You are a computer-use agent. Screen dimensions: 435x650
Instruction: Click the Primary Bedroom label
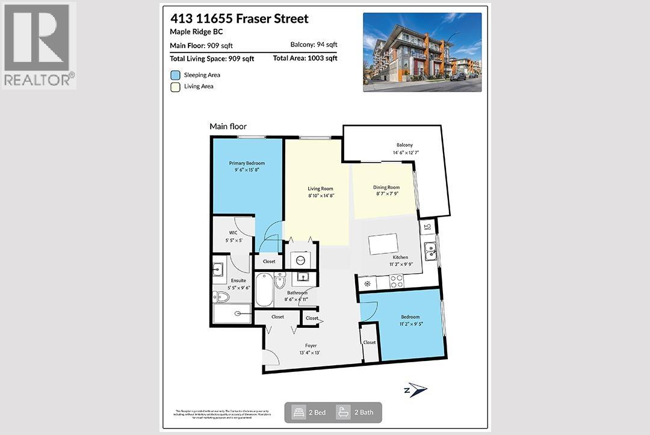click(247, 163)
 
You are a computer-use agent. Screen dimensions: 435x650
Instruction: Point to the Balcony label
click(404, 145)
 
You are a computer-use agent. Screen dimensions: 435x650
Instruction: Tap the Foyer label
click(311, 345)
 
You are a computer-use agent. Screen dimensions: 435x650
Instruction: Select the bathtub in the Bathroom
click(264, 290)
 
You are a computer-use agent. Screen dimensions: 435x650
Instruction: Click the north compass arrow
click(417, 390)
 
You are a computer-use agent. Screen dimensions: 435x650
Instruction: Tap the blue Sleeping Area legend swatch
click(175, 75)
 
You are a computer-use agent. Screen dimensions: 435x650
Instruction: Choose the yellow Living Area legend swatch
click(175, 87)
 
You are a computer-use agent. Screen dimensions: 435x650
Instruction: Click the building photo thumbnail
click(422, 52)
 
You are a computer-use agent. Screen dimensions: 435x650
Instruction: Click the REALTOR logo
click(39, 45)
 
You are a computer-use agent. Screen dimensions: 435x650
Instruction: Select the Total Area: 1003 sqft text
click(305, 58)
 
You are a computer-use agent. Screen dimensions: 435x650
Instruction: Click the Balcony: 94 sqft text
click(314, 45)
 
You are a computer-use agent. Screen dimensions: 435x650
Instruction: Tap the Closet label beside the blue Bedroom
click(369, 342)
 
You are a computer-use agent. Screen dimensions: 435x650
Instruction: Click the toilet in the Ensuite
click(221, 296)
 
